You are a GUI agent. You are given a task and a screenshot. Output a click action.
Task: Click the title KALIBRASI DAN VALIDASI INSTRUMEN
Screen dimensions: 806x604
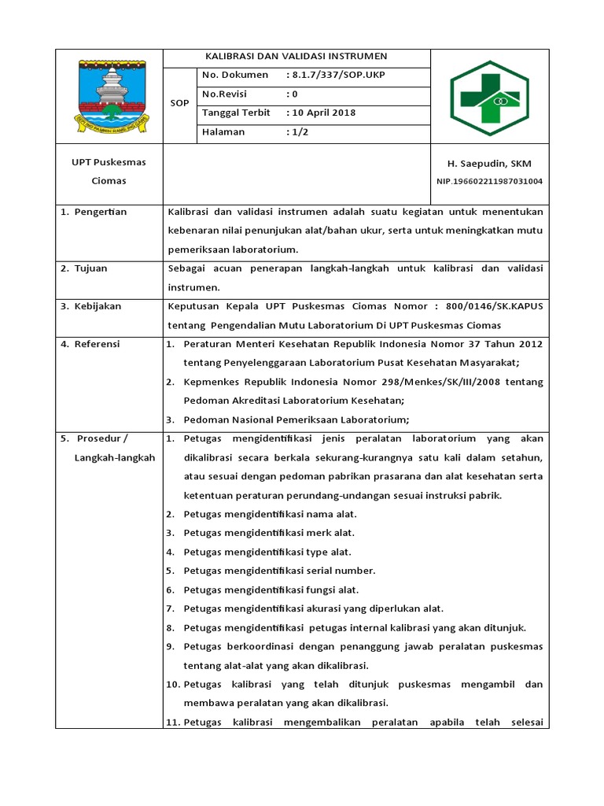point(296,57)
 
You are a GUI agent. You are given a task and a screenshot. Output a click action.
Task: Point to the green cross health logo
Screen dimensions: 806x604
point(489,98)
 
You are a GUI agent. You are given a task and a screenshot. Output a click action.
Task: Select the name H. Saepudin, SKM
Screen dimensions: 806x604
point(488,164)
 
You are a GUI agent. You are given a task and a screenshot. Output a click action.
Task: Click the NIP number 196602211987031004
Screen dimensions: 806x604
point(488,182)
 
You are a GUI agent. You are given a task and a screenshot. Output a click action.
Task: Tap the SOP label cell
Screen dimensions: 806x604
point(179,103)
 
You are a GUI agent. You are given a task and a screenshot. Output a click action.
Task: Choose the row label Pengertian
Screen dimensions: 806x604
point(100,212)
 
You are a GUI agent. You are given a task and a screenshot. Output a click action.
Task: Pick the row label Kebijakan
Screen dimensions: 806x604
point(98,306)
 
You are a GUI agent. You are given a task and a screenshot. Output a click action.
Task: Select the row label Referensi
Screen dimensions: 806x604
point(98,344)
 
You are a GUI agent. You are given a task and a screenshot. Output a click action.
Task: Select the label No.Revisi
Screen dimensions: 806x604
point(224,94)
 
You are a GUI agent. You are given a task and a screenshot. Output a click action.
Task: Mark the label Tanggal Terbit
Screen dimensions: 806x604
point(236,113)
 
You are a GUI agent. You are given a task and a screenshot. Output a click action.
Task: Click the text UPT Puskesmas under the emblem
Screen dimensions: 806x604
point(108,163)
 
